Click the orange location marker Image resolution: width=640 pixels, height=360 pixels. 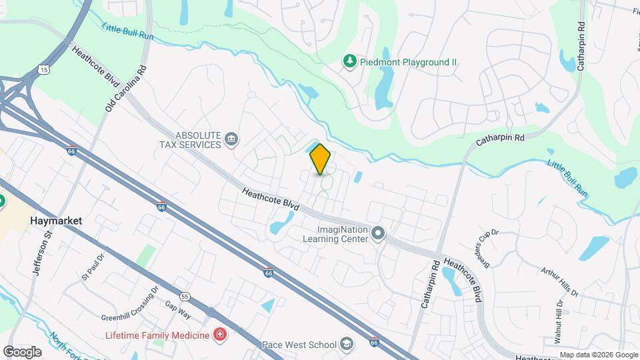point(320,159)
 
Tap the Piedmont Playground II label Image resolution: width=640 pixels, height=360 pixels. point(409,62)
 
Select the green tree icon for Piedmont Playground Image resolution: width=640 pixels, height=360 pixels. point(349,61)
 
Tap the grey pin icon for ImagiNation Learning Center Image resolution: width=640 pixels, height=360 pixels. point(378,233)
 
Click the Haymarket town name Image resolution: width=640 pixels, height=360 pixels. point(55,220)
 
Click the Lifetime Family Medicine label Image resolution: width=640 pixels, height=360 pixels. point(156,334)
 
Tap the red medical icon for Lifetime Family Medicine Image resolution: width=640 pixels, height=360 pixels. point(219,334)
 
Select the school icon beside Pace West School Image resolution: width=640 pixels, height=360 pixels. point(346,344)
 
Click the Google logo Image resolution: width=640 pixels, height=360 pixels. point(22,351)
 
